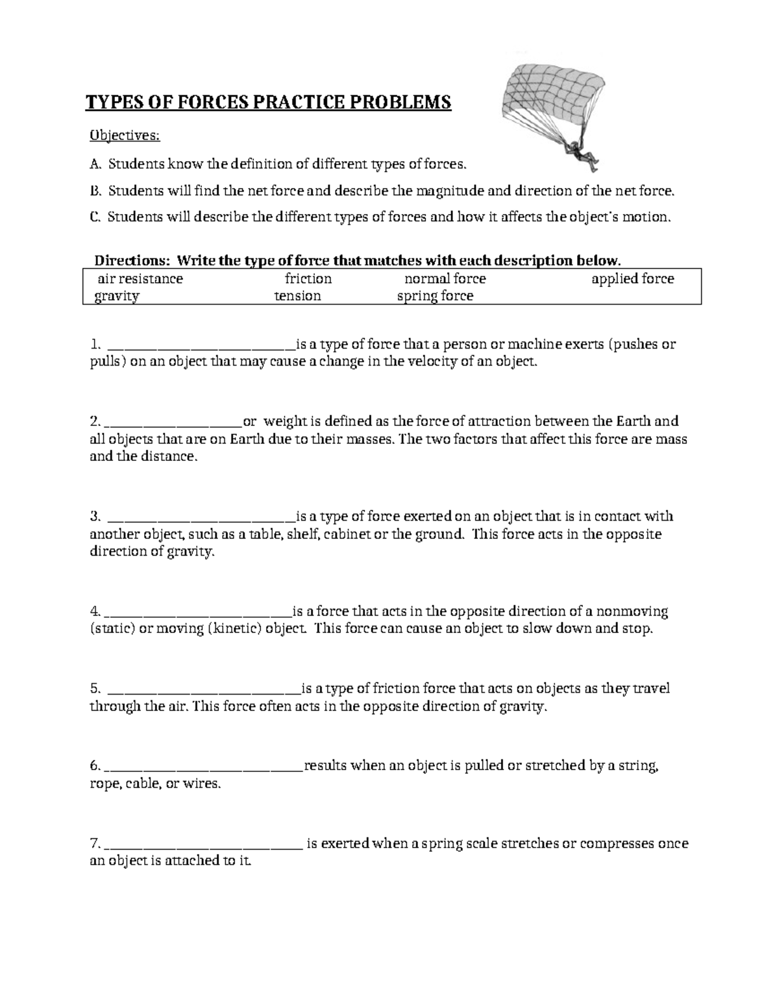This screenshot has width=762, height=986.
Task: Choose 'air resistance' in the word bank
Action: (x=140, y=279)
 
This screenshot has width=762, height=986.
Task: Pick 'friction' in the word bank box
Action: (x=308, y=279)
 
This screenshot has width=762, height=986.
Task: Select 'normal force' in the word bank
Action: (x=445, y=279)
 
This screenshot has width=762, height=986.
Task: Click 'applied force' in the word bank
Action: (x=632, y=279)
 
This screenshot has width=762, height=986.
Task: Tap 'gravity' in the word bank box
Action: (x=117, y=296)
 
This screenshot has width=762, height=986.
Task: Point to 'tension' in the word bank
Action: (x=297, y=296)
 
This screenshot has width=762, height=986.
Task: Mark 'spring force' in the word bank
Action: (x=435, y=296)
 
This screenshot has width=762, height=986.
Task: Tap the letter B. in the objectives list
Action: (x=95, y=190)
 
